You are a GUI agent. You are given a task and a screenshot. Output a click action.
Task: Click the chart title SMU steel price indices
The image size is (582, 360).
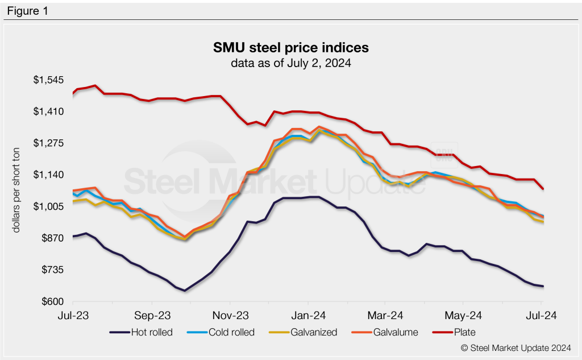(290, 47)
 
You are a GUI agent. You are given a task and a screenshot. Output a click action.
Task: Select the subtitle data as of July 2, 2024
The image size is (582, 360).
(290, 63)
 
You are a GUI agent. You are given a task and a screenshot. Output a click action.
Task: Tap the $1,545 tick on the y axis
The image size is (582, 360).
(48, 80)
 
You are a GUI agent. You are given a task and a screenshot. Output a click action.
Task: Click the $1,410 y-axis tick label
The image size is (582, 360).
(48, 111)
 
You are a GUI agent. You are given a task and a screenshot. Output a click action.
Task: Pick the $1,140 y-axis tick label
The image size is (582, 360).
(48, 175)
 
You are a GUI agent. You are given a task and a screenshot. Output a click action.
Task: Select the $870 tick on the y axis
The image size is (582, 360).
(52, 238)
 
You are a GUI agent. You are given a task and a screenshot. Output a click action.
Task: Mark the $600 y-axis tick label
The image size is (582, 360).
(52, 301)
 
